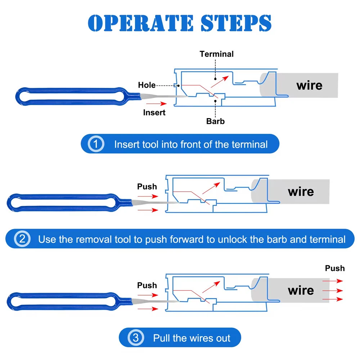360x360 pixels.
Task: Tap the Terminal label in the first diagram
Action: [x=217, y=54]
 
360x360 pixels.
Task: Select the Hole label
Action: [x=147, y=85]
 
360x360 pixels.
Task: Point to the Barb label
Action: [x=215, y=121]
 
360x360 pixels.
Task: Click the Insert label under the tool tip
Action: [x=154, y=112]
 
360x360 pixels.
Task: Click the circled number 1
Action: [x=96, y=144]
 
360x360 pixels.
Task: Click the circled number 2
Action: [x=22, y=239]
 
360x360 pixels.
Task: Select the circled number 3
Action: [x=135, y=338]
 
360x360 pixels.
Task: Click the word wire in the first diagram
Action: [x=309, y=85]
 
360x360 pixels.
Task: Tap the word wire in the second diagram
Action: [x=301, y=192]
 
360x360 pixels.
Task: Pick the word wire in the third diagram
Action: [x=301, y=290]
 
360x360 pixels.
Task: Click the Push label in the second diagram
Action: [x=147, y=186]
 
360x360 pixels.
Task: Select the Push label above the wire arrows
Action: [x=335, y=268]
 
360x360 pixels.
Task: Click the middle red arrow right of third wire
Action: [x=333, y=290]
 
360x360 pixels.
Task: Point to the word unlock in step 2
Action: [x=234, y=239]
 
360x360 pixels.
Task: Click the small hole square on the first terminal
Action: [x=176, y=85]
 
